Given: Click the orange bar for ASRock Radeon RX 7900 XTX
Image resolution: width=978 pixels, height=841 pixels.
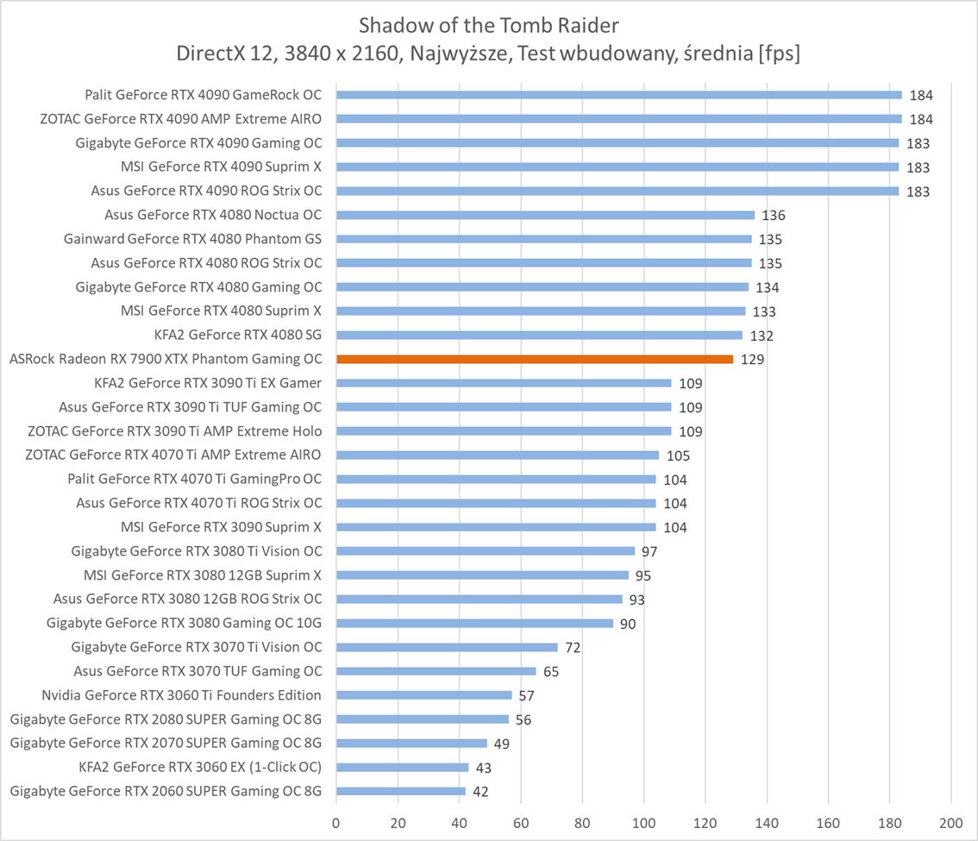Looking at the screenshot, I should point(535,359).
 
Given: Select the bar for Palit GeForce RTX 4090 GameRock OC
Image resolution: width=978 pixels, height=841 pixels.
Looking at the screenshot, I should point(618,95).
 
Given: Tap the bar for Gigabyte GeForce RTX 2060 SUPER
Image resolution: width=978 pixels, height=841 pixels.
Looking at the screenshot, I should point(401,791).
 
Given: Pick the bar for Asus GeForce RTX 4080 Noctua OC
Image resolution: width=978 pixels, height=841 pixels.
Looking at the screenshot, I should point(545,215).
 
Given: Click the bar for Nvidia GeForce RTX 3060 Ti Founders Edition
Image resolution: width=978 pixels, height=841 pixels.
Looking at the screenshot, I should point(423,694).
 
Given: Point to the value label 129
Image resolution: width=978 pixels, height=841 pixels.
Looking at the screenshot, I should point(752,360).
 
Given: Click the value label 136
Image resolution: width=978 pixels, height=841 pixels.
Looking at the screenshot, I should point(774,216).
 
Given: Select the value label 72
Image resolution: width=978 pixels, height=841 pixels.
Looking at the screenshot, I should point(574,647).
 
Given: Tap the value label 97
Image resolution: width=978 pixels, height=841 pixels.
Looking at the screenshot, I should point(649,551).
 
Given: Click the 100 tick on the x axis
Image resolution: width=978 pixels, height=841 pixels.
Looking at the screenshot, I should point(643,822).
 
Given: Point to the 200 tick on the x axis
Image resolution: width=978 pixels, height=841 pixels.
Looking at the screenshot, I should point(951,822).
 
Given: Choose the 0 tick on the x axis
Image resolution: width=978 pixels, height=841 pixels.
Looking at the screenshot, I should point(336,822).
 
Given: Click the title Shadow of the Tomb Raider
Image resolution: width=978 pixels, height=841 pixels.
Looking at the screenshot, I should point(488,23).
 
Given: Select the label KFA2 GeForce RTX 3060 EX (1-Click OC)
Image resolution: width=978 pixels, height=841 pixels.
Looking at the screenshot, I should point(200,767).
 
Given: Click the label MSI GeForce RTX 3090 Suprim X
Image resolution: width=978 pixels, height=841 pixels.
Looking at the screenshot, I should point(222,527).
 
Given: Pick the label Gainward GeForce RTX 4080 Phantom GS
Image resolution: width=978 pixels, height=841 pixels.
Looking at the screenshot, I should point(193,239).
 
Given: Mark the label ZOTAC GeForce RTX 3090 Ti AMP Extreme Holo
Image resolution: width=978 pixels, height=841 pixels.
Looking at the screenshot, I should point(175,431).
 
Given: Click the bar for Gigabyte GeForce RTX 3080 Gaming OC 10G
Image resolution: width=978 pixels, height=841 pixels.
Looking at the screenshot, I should point(474,623).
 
